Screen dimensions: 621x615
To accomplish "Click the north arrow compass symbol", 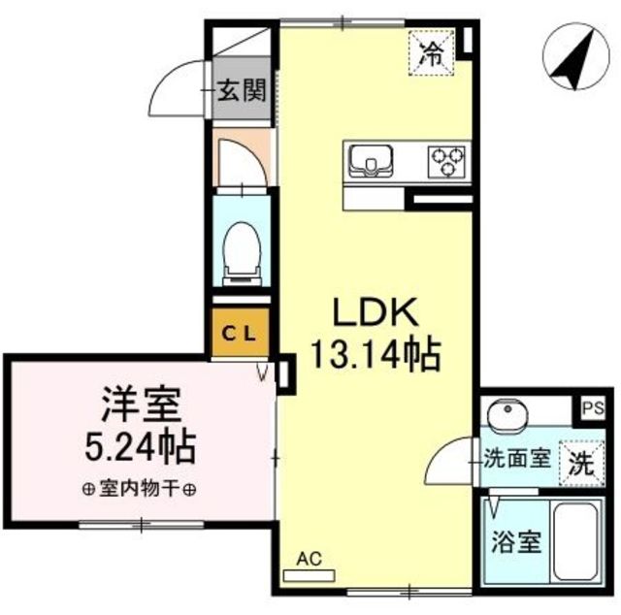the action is click(576, 56).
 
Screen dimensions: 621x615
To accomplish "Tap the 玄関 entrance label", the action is click(243, 89).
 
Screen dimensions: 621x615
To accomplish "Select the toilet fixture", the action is click(242, 253).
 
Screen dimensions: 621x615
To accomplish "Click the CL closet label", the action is click(242, 335).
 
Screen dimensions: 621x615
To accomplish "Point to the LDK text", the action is click(376, 312).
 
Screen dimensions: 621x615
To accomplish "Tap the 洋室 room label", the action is click(142, 405).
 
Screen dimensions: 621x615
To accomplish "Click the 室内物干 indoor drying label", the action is click(140, 490).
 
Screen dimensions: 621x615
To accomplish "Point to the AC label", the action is click(310, 559).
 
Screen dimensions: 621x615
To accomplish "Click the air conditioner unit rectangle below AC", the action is click(310, 575).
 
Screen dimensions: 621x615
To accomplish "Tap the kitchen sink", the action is click(371, 161).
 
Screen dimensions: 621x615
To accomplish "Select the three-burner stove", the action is click(446, 162).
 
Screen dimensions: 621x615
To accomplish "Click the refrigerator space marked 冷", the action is click(431, 53).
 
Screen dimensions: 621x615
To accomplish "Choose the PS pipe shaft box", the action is click(594, 407).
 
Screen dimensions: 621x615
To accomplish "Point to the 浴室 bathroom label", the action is click(516, 541).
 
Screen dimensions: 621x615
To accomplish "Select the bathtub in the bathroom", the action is click(576, 542).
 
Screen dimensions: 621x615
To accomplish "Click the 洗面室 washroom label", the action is click(517, 460).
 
